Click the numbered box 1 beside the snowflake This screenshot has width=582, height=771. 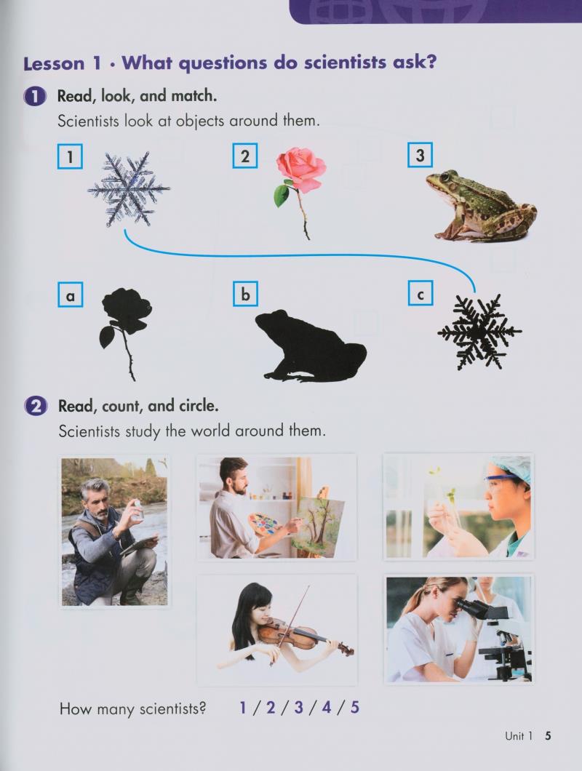coord(70,156)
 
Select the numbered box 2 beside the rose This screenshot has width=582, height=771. coord(245,156)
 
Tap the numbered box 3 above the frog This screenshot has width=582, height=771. coord(420,156)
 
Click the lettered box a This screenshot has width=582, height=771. coord(70,295)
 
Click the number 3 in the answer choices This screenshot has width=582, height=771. coord(298,707)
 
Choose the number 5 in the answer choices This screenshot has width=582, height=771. coord(355,707)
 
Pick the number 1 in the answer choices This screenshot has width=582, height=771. coord(243,707)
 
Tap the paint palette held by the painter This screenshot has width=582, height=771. coord(261,524)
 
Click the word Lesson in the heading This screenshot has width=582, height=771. coord(54,63)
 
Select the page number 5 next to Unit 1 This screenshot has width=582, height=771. coord(548,736)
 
